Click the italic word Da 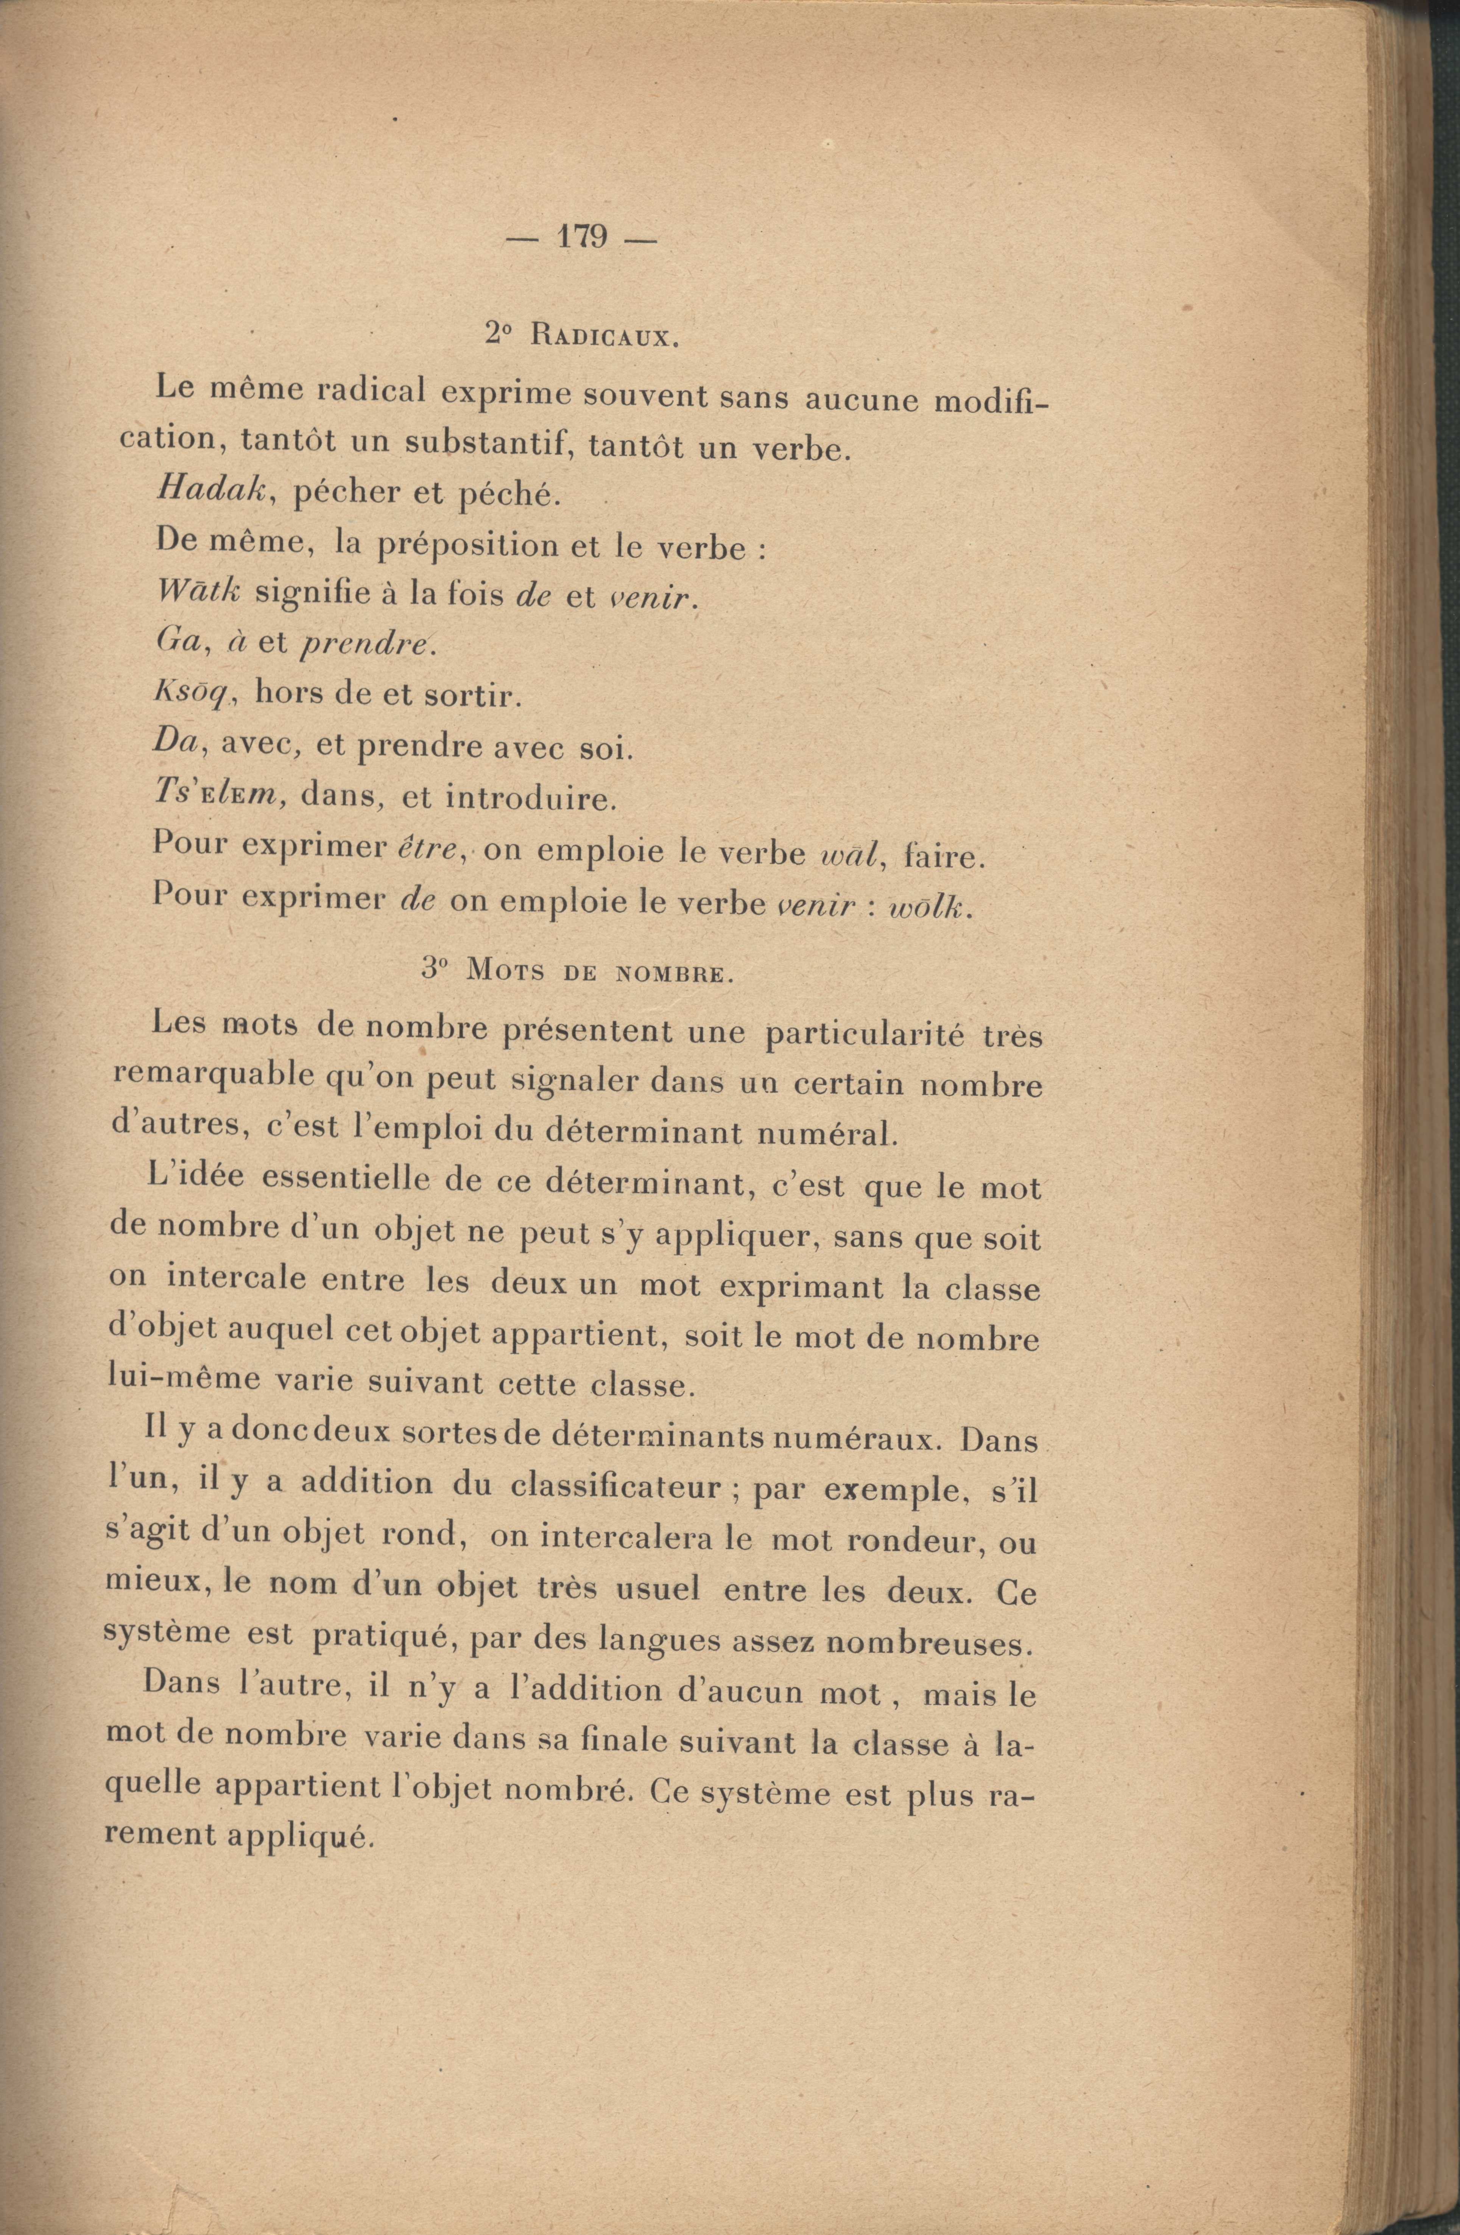point(175,746)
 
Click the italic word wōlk point(926,907)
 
